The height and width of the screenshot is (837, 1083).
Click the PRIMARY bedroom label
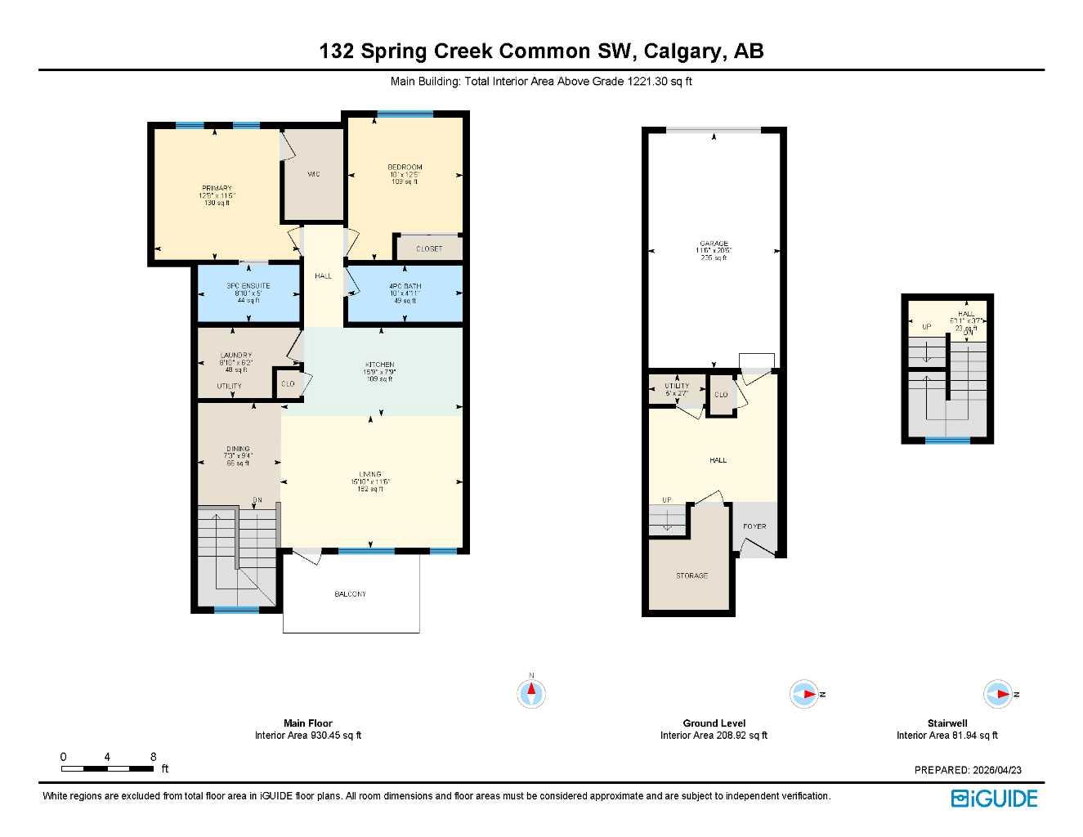(217, 189)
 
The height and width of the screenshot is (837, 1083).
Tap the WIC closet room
(313, 175)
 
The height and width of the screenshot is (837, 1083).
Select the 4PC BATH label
(405, 286)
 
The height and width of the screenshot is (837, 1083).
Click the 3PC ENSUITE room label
(248, 286)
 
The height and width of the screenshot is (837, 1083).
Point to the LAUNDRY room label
(235, 356)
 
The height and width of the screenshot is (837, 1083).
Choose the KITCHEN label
(379, 365)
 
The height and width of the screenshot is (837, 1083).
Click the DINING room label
(238, 450)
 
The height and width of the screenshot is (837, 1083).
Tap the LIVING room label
(370, 474)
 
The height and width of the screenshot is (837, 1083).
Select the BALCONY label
(350, 594)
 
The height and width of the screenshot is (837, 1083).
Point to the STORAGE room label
(691, 576)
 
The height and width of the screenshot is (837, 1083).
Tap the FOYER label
(754, 526)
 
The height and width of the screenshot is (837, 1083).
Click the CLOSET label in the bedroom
(429, 248)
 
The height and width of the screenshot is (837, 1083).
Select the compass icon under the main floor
(532, 693)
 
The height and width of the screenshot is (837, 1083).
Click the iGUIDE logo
(994, 799)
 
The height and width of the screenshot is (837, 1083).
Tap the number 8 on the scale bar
(153, 757)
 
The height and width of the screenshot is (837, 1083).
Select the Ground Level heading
(714, 723)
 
